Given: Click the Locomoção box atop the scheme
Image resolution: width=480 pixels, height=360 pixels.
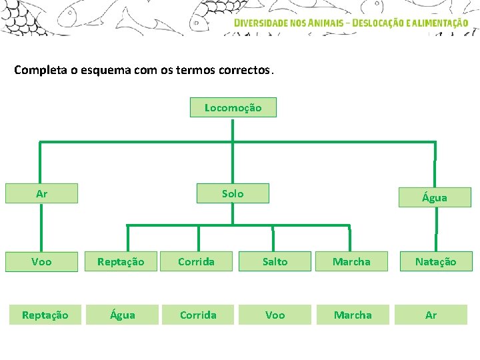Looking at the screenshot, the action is [233, 107].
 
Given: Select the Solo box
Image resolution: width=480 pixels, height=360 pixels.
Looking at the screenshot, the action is [233, 193].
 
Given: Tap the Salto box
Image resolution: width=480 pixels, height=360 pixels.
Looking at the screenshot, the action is [275, 261].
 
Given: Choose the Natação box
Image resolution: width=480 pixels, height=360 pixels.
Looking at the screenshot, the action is [435, 261].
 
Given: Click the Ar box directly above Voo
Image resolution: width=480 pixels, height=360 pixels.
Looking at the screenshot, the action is [41, 193].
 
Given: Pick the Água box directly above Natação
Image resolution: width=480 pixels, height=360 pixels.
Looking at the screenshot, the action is [435, 197].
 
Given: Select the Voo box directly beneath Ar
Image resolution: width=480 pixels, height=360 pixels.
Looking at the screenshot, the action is [41, 261].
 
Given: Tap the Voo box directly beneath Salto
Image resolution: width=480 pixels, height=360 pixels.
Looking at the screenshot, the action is [275, 315].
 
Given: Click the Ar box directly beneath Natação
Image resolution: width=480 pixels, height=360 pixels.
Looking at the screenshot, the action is [431, 315].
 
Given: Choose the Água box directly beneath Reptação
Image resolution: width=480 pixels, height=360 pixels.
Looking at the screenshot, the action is [121, 315].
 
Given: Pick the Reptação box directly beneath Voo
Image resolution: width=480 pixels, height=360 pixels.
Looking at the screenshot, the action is [45, 315].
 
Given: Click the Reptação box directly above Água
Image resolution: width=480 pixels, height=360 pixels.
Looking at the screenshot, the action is [121, 261].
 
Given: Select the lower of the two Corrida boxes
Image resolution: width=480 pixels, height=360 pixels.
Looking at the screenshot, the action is [198, 315].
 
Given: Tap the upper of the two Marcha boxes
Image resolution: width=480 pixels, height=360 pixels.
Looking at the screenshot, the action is [351, 261].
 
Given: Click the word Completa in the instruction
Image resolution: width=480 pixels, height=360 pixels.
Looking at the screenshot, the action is [40, 70].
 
